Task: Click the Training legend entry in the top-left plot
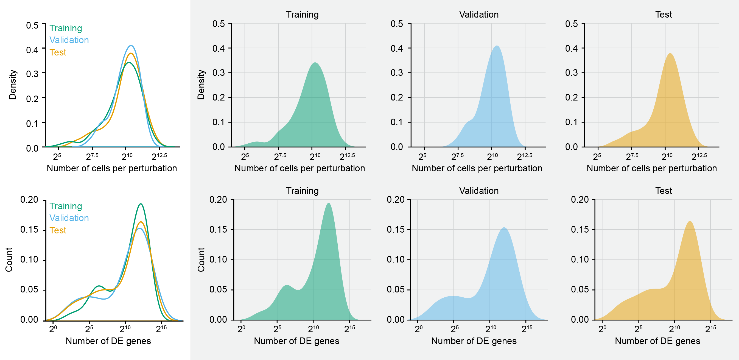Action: click(66, 28)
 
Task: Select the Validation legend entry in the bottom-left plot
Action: click(69, 218)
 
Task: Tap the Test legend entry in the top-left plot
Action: click(58, 52)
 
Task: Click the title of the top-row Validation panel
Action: click(479, 14)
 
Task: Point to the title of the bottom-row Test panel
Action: click(663, 191)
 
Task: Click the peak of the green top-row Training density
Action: click(315, 63)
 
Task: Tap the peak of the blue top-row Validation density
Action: click(497, 46)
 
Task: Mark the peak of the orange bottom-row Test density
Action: click(690, 221)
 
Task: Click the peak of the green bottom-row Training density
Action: click(329, 204)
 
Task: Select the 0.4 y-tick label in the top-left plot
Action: click(32, 50)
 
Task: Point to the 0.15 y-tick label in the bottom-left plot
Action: click(29, 230)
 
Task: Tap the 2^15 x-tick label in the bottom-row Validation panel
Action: click(527, 329)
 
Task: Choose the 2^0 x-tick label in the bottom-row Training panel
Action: click(241, 329)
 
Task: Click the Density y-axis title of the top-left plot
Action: click(13, 85)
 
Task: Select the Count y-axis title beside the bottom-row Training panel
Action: click(201, 259)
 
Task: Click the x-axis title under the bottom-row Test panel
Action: click(657, 341)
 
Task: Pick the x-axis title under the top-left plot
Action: click(112, 168)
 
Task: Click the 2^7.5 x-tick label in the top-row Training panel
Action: click(280, 157)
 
